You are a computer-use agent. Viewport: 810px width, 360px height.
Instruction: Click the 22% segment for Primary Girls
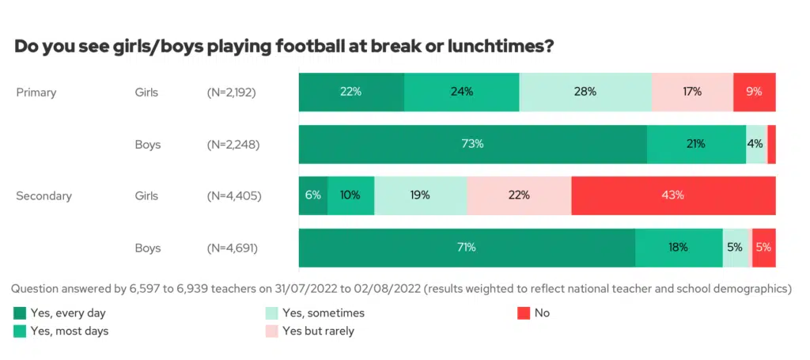pos(351,92)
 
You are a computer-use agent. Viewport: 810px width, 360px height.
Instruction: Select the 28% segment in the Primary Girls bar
pos(585,92)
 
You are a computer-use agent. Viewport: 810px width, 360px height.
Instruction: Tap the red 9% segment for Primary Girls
pos(754,92)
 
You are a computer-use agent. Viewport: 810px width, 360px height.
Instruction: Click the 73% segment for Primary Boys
pos(473,144)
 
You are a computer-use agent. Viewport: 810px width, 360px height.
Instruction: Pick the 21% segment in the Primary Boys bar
pos(696,144)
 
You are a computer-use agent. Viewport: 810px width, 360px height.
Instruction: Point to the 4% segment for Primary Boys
pos(755,144)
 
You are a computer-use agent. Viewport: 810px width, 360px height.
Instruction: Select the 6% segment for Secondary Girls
pos(312,195)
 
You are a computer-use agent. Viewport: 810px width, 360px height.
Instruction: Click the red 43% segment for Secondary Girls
pos(673,195)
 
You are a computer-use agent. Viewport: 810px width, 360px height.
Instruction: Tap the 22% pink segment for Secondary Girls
pos(519,195)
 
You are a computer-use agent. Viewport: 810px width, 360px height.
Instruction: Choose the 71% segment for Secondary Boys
pos(467,248)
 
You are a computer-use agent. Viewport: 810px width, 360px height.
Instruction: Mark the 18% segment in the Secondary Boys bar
pos(678,248)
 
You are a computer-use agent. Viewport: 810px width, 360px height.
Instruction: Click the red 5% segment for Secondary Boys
pos(763,248)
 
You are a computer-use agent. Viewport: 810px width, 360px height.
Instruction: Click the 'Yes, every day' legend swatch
pos(20,313)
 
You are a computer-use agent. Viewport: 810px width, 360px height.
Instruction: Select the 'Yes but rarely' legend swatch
pos(271,331)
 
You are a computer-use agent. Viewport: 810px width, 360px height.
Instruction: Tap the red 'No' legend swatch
pos(522,313)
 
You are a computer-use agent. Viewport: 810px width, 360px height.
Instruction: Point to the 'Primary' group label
pos(36,93)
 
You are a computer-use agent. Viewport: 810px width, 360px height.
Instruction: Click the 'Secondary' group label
pos(44,196)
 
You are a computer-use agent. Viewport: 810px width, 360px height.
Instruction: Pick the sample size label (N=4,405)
pos(232,196)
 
